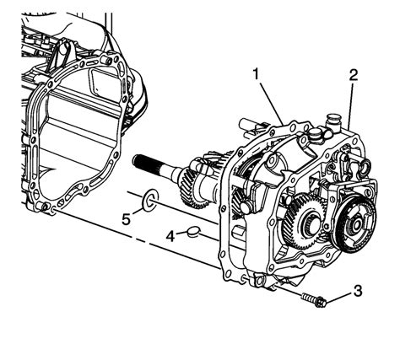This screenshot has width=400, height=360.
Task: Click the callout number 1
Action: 256,74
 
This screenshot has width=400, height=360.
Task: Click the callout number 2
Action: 354,75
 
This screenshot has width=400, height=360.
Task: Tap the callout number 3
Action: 358,291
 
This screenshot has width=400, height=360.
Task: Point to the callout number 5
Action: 127,219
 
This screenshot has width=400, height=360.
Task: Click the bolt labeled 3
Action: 314,300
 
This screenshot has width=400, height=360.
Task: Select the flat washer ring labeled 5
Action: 150,201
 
